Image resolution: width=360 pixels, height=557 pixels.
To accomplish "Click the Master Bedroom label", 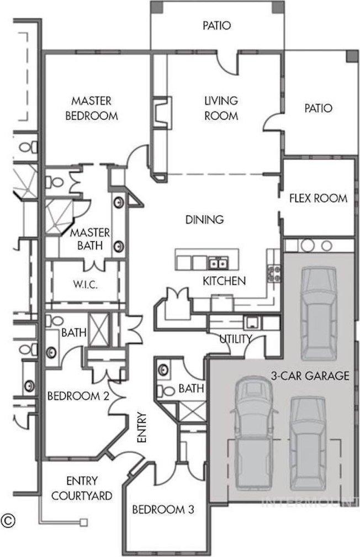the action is tap(92, 108).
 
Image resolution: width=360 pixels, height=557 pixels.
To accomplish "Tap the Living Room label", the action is tap(221, 108).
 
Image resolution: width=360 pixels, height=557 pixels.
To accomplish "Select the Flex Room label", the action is tap(318, 198).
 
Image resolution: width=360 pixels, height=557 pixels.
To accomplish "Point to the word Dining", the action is tap(205, 220).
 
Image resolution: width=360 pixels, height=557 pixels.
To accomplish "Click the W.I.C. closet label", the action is tap(85, 284).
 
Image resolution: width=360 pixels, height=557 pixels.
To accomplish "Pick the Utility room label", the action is tap(236, 339).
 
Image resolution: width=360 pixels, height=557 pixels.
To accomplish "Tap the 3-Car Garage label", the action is tap(310, 375).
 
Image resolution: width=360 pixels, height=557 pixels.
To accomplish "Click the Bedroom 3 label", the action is tap(163, 510).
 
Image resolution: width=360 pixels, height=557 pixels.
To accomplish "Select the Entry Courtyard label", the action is tap(82, 488).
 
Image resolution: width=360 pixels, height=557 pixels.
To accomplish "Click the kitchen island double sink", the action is tap(218, 263).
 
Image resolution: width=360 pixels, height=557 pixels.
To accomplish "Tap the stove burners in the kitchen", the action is tap(274, 273).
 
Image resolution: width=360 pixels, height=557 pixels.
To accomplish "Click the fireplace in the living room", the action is tap(162, 112).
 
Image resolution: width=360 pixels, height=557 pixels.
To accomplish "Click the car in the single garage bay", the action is tap(319, 314).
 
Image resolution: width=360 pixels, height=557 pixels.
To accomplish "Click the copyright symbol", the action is tap(8, 521).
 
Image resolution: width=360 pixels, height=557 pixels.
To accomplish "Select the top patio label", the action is tap(216, 25).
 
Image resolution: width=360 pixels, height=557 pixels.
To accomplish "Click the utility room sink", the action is tap(252, 322).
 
